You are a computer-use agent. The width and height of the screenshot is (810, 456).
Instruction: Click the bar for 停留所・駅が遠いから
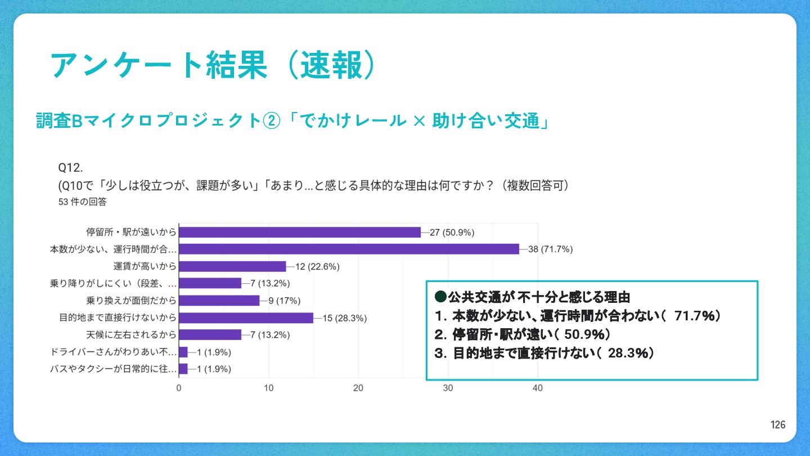click(299, 232)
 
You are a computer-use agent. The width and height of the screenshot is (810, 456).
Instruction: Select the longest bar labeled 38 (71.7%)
click(349, 249)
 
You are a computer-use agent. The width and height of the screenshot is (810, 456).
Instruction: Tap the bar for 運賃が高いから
click(232, 266)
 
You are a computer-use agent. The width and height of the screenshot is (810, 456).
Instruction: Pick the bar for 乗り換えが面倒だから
click(219, 300)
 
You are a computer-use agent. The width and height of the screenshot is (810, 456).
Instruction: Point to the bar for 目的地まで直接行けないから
click(246, 318)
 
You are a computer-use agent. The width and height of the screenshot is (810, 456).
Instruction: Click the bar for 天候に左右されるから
click(210, 335)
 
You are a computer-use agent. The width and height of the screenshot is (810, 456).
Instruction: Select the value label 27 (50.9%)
click(452, 232)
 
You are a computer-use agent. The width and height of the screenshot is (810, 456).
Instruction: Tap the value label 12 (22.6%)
click(317, 266)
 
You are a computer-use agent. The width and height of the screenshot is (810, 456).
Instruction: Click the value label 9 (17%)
click(285, 300)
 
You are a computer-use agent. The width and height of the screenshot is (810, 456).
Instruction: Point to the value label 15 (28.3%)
click(344, 318)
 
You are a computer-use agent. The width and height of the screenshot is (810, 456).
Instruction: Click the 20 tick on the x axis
click(358, 388)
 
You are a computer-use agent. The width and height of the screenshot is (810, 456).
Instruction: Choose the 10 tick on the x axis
click(269, 388)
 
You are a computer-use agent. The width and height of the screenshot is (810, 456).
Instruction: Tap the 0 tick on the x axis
click(179, 388)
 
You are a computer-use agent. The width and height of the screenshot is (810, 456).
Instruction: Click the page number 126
click(778, 425)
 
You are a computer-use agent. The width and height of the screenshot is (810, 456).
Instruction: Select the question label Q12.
click(71, 168)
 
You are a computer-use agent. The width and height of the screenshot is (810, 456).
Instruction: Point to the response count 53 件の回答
click(82, 202)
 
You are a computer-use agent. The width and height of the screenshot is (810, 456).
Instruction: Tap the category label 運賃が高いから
click(145, 266)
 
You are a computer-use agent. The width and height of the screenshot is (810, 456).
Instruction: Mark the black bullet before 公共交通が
click(441, 296)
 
